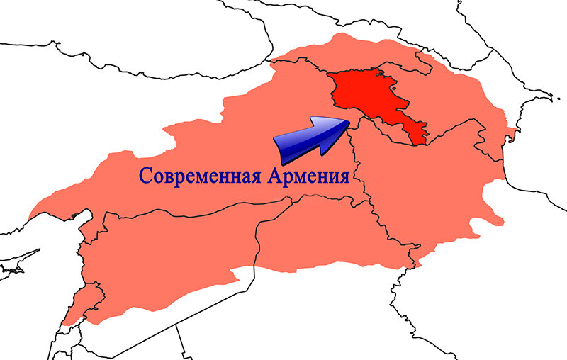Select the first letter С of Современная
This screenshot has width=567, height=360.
coord(144,176)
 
